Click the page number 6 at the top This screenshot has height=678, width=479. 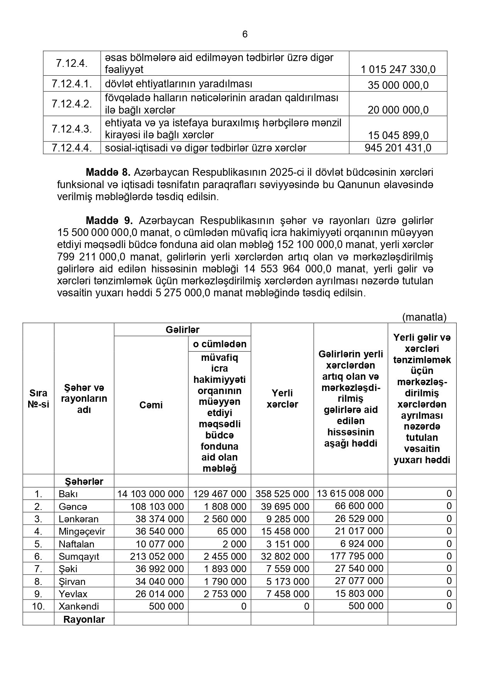point(245,34)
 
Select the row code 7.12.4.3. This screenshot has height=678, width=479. point(72,129)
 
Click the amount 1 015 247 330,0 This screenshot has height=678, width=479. point(398,70)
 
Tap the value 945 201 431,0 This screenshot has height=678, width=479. point(398,148)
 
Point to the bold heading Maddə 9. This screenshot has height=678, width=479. point(109,221)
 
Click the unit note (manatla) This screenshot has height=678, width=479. point(424,317)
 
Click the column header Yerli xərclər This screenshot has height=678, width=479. point(282,399)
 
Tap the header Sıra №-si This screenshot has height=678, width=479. point(38,399)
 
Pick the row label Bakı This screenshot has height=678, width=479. point(67,494)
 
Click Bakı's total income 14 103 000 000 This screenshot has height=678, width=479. point(151,494)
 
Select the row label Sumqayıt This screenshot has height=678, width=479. point(79,556)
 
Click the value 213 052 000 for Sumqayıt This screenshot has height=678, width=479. point(159,556)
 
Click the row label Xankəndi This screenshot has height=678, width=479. point(79,606)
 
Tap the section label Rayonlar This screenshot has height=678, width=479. point(84,619)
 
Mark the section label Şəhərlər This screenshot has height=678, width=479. point(84,481)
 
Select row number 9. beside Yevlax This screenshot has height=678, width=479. point(38,594)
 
